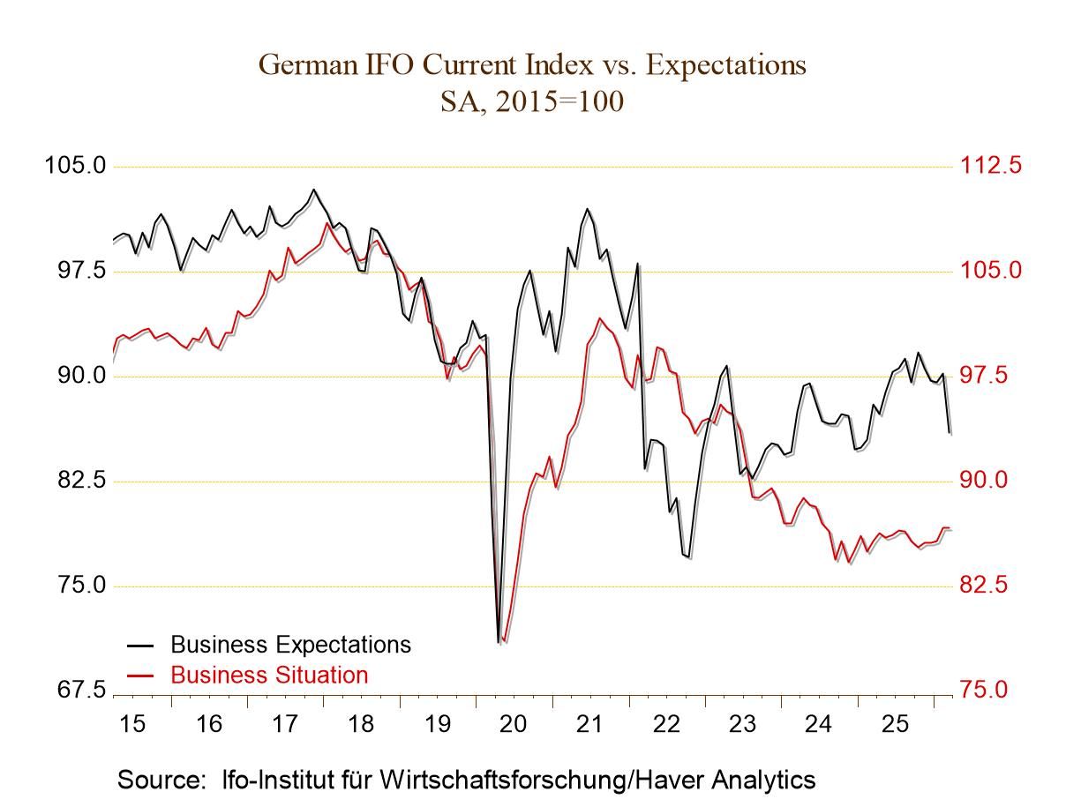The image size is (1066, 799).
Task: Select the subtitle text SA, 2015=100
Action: [532, 102]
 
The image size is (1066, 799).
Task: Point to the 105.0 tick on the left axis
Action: [75, 166]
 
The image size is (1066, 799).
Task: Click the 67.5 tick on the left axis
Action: [75, 690]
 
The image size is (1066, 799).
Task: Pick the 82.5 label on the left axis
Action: [75, 481]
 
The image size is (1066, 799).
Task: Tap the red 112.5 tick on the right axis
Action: [990, 166]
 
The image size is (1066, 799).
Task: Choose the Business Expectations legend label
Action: [290, 645]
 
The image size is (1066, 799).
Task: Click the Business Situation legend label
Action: [269, 675]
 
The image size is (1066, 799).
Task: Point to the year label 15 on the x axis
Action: [131, 725]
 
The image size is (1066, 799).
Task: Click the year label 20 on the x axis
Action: [513, 725]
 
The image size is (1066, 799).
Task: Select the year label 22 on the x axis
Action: [666, 725]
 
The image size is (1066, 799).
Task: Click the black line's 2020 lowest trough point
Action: [499, 643]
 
